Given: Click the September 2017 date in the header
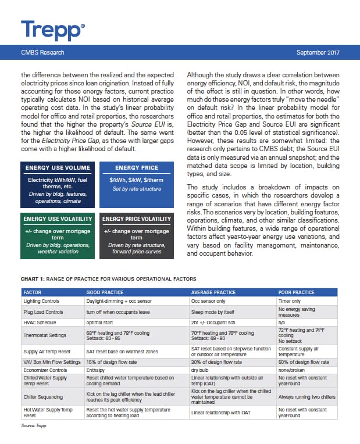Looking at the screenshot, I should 318,52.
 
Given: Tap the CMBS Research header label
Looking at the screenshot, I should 42,52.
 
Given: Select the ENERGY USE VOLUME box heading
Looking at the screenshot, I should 58,168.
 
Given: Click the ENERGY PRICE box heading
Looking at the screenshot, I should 137,168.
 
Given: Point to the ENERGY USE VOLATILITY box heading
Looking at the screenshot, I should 58,219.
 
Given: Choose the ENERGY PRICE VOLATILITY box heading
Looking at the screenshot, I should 137,219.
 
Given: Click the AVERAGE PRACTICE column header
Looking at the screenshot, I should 213,292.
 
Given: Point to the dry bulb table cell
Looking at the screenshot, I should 199,370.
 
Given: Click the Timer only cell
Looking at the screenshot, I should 289,301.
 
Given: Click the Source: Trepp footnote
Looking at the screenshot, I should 34,426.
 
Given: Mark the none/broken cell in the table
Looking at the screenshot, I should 293,370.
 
